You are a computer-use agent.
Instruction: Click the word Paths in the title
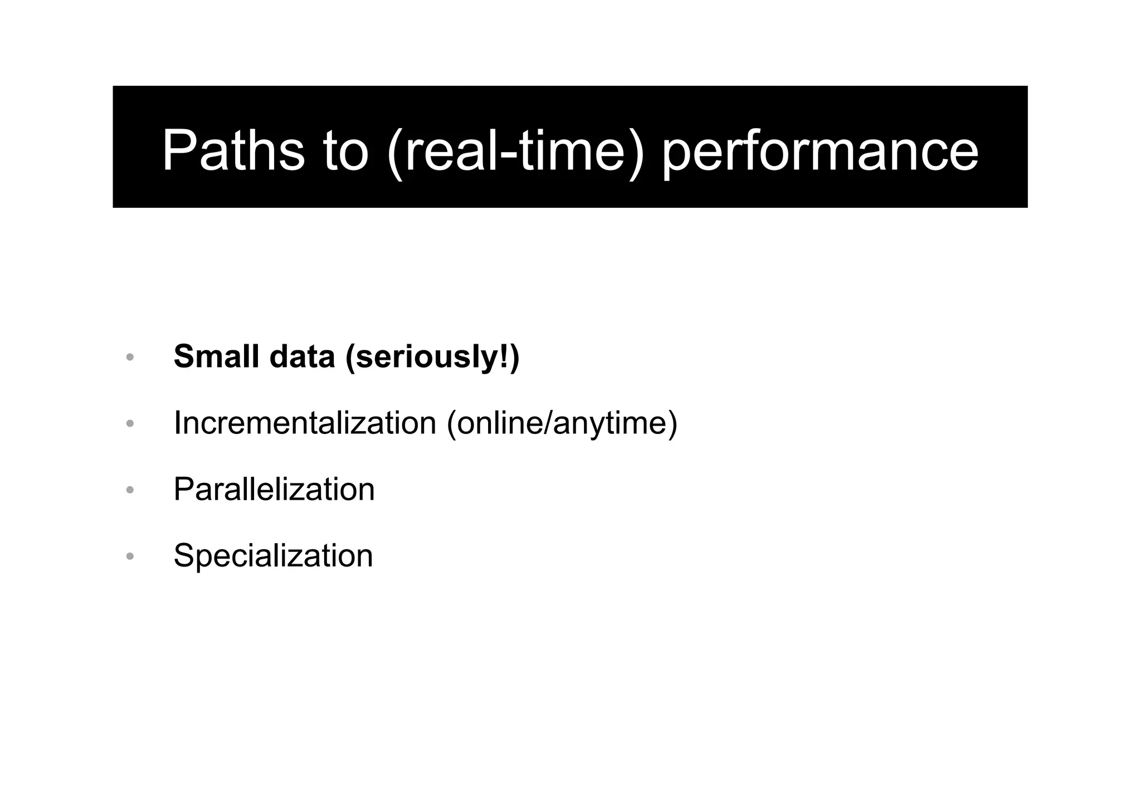tap(233, 150)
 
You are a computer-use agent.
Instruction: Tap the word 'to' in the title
tap(345, 150)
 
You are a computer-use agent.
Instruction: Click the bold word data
tap(301, 356)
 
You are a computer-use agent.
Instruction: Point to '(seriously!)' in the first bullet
tap(432, 357)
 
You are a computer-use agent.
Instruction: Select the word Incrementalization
tap(305, 423)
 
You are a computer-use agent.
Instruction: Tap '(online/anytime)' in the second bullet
tap(562, 423)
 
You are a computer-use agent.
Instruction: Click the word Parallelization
tap(274, 490)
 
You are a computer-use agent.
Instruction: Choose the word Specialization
tap(272, 556)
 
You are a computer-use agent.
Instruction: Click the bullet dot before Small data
tap(130, 357)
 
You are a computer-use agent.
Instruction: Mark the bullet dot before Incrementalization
tap(130, 424)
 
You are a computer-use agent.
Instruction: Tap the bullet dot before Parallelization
tap(130, 490)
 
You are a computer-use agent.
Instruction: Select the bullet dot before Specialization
tap(130, 556)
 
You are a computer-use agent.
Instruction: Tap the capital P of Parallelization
tap(184, 490)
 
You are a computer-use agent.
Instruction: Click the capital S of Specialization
tap(184, 556)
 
